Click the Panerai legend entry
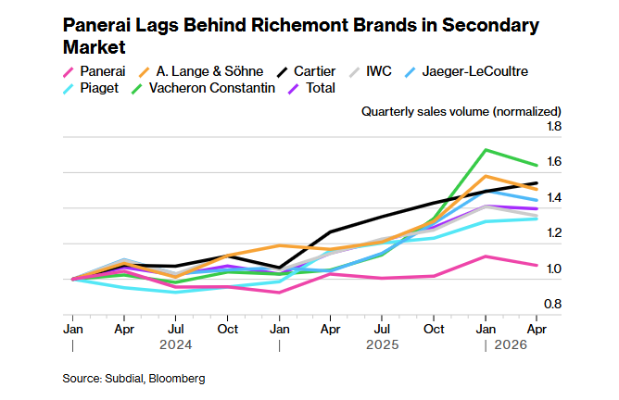point(95,71)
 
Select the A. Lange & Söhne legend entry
point(201,71)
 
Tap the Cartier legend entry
point(307,71)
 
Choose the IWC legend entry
point(371,71)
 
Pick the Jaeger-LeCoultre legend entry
point(467,71)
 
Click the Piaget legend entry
point(91,88)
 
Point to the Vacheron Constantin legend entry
point(203,88)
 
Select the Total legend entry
point(312,88)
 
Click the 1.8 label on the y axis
point(554,126)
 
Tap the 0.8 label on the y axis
point(552,304)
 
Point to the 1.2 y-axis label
point(554,232)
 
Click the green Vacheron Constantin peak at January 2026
point(486,150)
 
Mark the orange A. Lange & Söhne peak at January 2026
point(486,176)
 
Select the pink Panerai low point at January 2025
point(279,293)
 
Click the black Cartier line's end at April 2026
point(537,183)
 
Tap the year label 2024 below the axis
point(176,344)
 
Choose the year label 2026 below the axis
point(511,344)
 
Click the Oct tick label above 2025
point(434,329)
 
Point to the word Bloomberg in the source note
point(177,379)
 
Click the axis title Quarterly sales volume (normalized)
point(461,112)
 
